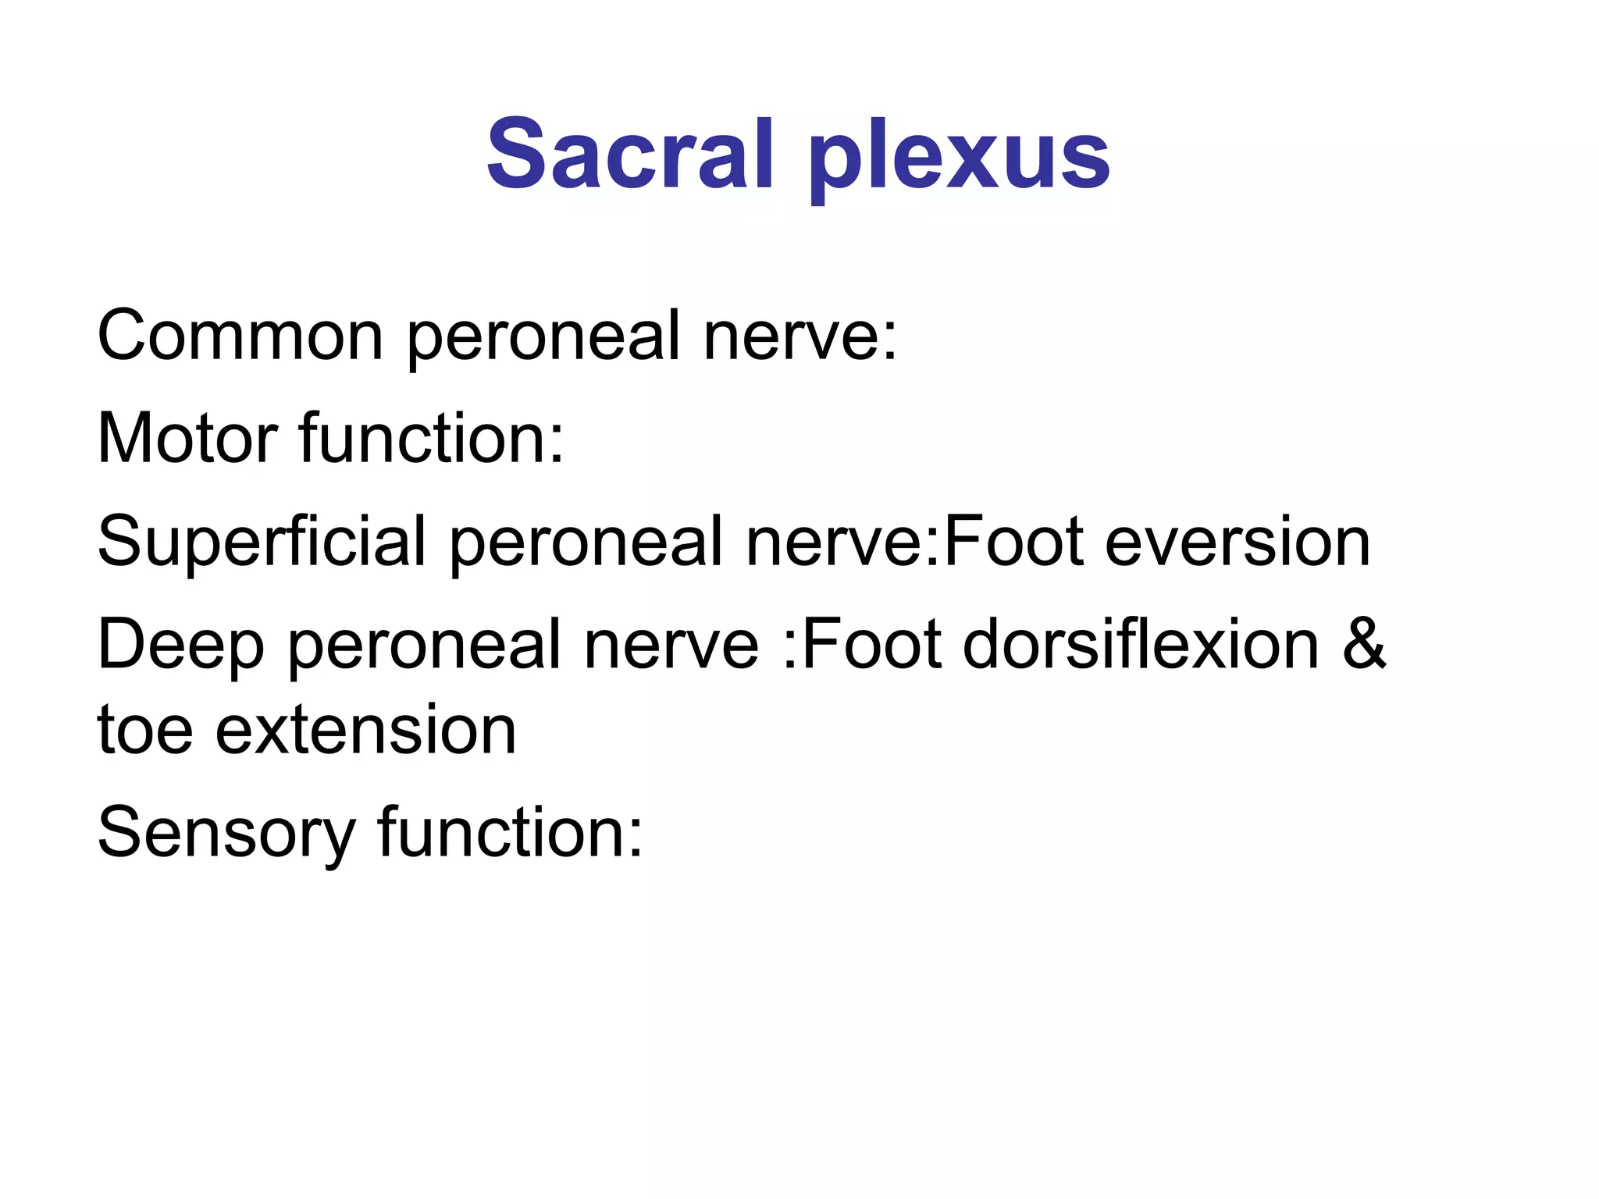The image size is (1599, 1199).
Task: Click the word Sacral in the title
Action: coord(629,154)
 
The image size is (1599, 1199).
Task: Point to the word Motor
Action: coord(187,438)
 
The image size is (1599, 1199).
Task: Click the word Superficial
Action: coord(262,542)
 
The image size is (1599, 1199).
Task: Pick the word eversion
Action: coord(1238,542)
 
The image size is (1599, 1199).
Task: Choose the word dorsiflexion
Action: coord(1141,645)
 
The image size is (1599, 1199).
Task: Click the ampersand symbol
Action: coord(1363,645)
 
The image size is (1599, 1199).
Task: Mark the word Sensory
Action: coord(226,834)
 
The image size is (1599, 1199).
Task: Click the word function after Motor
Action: coord(431,438)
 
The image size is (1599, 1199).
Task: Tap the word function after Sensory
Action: coord(511,832)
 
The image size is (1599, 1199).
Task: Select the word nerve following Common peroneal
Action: coord(800,335)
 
